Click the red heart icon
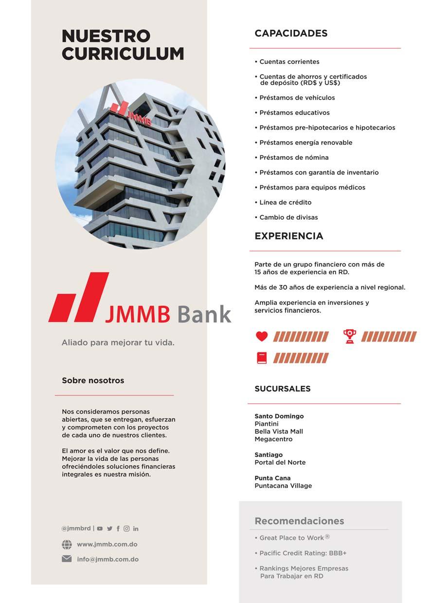[262, 336]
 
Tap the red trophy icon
[349, 336]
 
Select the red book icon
[262, 358]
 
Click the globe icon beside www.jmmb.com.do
[67, 545]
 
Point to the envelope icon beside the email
[67, 559]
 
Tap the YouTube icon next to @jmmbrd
[100, 528]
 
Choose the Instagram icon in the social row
[126, 528]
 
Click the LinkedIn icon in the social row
[136, 528]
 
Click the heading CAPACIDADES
[291, 33]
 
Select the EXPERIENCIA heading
[289, 236]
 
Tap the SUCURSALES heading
[283, 389]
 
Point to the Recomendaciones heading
[299, 521]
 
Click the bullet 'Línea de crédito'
[285, 202]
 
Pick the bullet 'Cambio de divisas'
[288, 217]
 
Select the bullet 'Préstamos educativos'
[294, 113]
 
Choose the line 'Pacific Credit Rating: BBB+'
[303, 553]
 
